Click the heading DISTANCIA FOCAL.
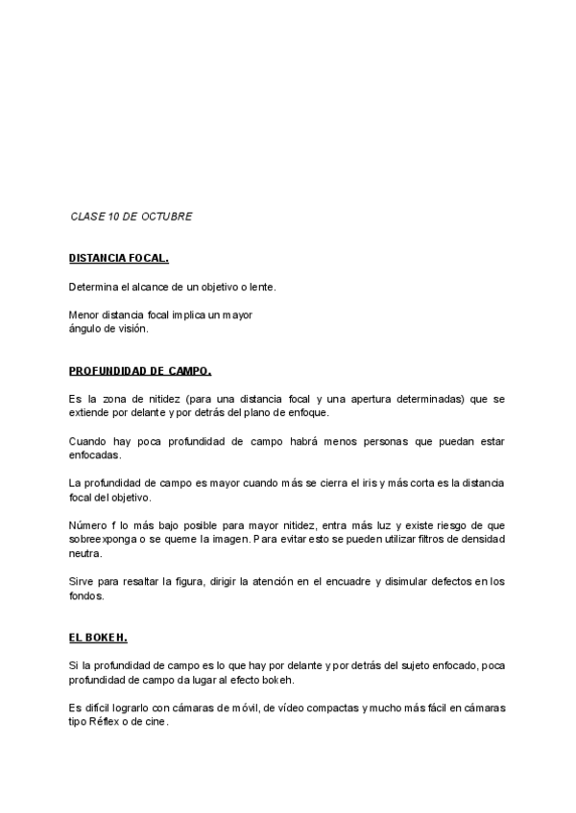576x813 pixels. point(119,259)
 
